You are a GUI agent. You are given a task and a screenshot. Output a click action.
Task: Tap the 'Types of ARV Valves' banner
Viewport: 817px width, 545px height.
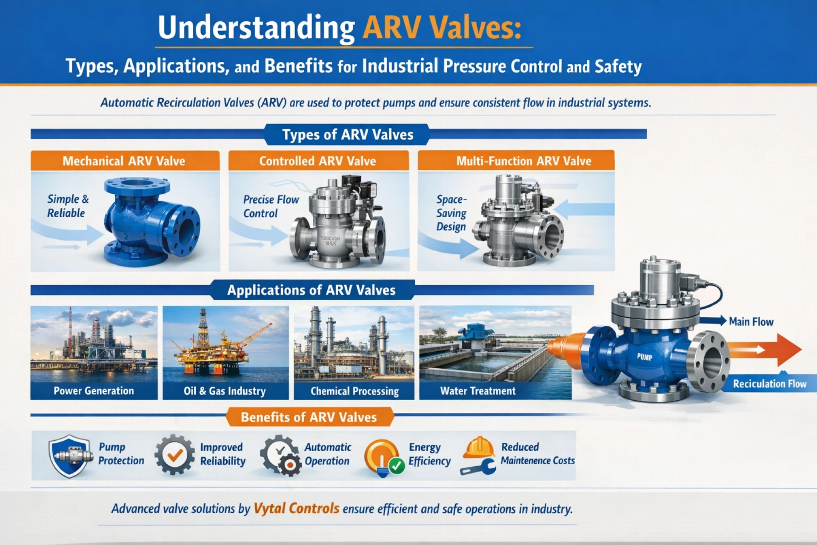[x=347, y=135]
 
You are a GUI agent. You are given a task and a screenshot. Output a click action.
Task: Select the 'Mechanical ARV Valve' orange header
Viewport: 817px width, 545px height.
[x=125, y=161]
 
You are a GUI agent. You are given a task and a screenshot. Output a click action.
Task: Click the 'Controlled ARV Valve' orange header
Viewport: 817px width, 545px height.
[x=318, y=161]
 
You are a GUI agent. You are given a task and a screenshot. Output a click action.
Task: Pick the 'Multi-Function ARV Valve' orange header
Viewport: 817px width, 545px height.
[x=516, y=161]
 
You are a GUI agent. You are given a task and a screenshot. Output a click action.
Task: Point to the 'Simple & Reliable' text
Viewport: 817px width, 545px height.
[x=68, y=206]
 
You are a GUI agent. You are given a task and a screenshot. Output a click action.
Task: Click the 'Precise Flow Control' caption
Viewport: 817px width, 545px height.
[x=271, y=207]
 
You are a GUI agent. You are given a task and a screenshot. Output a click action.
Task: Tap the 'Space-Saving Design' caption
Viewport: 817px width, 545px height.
[x=451, y=213]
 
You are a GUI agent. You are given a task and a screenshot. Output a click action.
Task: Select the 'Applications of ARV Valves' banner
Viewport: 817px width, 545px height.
[x=311, y=290]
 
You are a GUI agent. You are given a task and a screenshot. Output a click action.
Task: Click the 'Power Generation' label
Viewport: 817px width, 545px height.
[x=94, y=391]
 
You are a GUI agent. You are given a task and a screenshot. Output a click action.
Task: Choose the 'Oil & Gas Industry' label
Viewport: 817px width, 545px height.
[x=225, y=391]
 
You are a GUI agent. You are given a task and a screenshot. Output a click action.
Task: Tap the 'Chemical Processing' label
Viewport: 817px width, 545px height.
[x=354, y=391]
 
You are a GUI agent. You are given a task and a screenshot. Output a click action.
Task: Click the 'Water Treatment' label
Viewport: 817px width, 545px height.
[x=478, y=391]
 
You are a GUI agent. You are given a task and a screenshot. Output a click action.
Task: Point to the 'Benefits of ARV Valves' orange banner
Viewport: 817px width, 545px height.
[x=309, y=417]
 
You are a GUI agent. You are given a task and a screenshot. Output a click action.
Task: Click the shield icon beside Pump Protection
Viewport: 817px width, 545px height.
[x=70, y=456]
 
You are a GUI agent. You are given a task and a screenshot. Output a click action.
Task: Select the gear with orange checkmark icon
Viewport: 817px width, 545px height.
[x=174, y=455]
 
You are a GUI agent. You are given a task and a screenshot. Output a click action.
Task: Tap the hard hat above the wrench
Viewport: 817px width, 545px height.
[x=478, y=447]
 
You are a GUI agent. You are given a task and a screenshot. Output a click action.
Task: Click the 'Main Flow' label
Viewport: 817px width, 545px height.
[x=751, y=322]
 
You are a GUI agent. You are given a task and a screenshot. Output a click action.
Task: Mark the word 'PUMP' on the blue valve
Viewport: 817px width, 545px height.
[x=644, y=357]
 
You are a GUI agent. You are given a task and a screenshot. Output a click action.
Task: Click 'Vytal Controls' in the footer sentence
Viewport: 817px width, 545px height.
[x=297, y=508]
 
